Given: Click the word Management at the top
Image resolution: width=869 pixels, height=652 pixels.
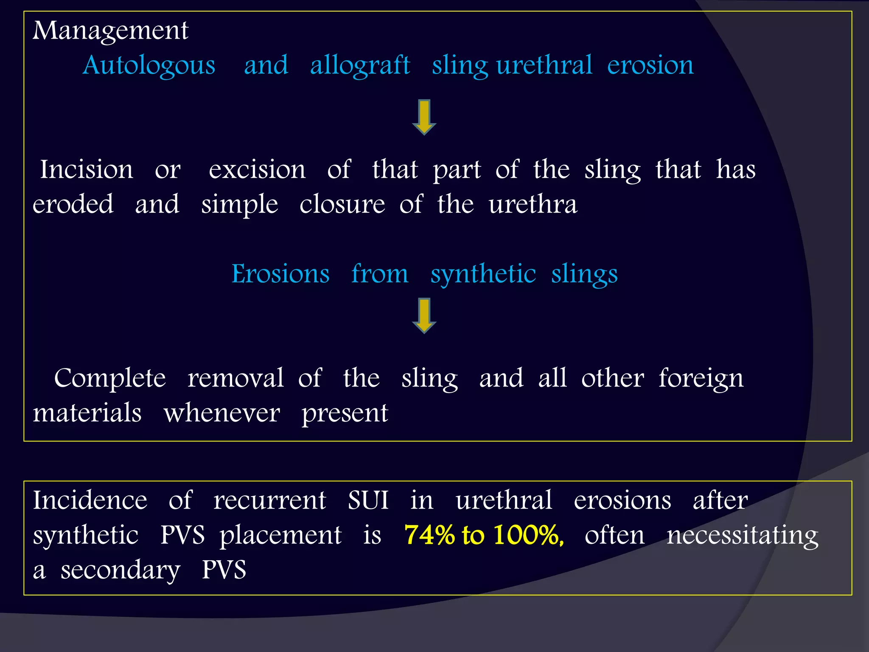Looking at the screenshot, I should [110, 31].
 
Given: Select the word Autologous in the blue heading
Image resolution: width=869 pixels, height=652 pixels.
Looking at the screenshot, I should [149, 66].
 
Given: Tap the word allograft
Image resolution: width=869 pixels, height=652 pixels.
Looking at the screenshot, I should [360, 66].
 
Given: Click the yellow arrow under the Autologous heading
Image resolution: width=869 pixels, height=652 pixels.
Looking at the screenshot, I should [424, 117].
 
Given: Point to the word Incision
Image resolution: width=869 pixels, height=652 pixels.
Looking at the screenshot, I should [87, 169].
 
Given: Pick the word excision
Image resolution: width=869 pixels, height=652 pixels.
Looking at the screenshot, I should [257, 169].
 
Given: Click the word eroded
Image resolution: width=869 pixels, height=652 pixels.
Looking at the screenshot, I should [73, 204].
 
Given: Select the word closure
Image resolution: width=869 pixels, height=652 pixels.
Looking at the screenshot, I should [342, 204].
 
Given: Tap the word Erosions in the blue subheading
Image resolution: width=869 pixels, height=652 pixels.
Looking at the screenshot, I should [280, 274].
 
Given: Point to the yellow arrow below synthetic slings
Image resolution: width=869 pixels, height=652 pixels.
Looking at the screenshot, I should [424, 315].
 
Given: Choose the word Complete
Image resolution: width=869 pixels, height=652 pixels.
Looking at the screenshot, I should [110, 378].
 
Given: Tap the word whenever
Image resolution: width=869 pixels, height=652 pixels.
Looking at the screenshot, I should [221, 413].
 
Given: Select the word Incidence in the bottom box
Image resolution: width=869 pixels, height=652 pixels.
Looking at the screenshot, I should [90, 500].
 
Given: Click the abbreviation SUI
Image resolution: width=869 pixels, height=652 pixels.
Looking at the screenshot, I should [368, 500].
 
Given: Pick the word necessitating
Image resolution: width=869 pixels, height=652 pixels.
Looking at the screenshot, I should [742, 536].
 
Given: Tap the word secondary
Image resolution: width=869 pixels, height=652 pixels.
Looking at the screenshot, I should [121, 570].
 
